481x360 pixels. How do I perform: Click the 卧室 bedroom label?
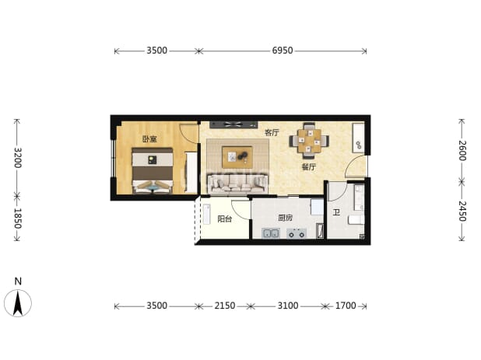pyautogui.click(x=149, y=139)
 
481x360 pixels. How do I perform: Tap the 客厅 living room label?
pyautogui.click(x=272, y=133)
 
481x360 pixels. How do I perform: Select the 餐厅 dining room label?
pyautogui.click(x=308, y=167)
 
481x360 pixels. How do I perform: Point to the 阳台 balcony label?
pyautogui.click(x=225, y=218)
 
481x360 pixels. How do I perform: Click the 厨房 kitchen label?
pyautogui.click(x=286, y=218)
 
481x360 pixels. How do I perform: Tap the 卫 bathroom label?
pyautogui.click(x=336, y=212)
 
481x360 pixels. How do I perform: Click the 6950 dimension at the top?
pyautogui.click(x=283, y=51)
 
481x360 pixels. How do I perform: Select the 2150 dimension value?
pyautogui.click(x=225, y=306)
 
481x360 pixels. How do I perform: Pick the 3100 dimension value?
pyautogui.click(x=288, y=306)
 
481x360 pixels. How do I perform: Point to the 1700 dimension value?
pyautogui.click(x=346, y=306)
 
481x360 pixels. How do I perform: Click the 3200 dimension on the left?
pyautogui.click(x=18, y=158)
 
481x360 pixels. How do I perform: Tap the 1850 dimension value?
pyautogui.click(x=18, y=218)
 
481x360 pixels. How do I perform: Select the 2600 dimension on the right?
pyautogui.click(x=462, y=150)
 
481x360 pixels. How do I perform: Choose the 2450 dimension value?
pyautogui.click(x=462, y=211)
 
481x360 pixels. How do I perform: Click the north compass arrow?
pyautogui.click(x=18, y=303)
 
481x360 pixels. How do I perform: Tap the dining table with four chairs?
pyautogui.click(x=309, y=141)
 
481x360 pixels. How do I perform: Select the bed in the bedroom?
pyautogui.click(x=153, y=170)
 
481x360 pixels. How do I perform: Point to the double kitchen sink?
pyautogui.click(x=271, y=233)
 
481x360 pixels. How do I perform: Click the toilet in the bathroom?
pyautogui.click(x=356, y=220)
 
